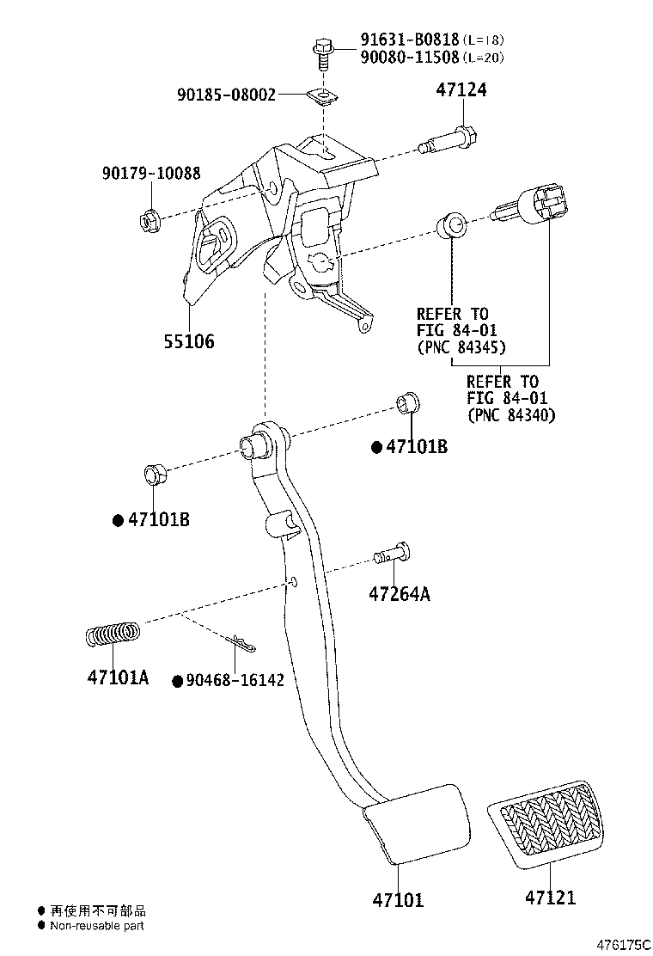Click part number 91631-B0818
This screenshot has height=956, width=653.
409,40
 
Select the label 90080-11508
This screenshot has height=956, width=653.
409,58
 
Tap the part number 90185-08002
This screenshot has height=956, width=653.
227,95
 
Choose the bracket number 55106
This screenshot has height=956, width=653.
189,341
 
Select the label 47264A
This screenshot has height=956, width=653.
400,593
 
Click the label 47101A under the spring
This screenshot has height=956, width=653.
118,677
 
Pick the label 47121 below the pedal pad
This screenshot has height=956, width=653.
550,898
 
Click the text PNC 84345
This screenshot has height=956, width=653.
461,348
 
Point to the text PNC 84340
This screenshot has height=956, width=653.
511,415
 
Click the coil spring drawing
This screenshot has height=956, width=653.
113,634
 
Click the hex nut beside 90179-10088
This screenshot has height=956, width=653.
147,220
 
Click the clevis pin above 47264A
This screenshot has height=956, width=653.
394,555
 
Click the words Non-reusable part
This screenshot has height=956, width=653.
97,926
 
